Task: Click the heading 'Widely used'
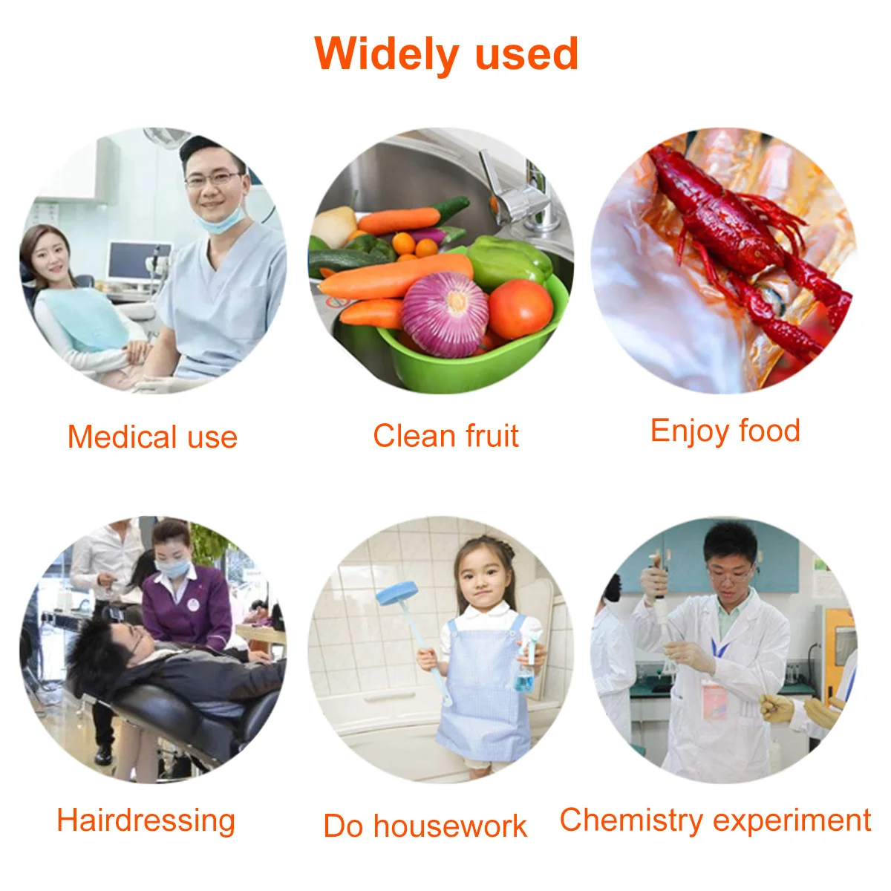(446, 54)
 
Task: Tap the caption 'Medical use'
(152, 437)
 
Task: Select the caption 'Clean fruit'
(446, 436)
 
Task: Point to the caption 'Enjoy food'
(725, 431)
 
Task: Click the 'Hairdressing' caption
(146, 820)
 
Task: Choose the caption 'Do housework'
(425, 826)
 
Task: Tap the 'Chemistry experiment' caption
(715, 820)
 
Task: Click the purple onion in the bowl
(445, 314)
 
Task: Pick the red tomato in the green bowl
(520, 308)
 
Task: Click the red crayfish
(742, 238)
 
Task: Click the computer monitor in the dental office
(139, 261)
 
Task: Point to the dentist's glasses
(214, 179)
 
